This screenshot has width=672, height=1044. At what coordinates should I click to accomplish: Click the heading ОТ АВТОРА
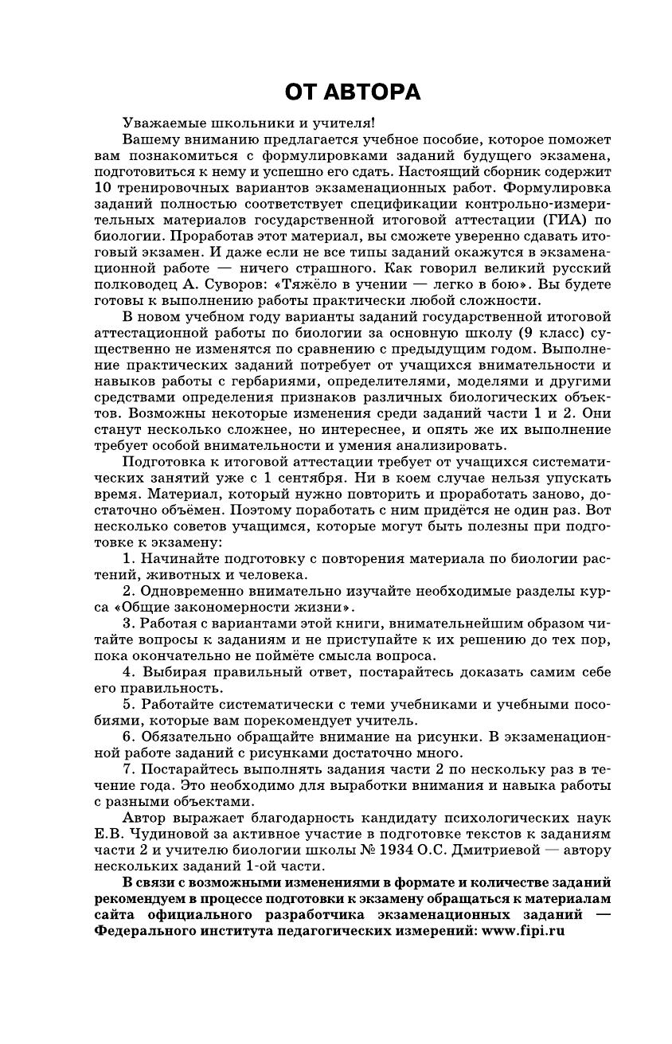353,93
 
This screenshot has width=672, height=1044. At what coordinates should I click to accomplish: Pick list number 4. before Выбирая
129,672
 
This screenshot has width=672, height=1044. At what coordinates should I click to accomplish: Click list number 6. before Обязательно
129,737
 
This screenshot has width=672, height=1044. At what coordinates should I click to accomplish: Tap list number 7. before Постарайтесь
129,769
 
